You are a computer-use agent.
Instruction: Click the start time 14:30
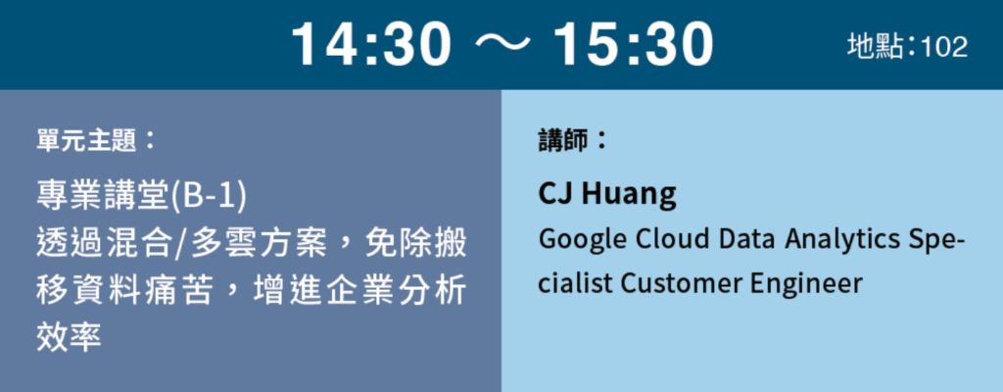[371, 44]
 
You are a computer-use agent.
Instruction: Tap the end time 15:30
[633, 44]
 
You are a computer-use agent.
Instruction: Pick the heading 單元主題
[86, 140]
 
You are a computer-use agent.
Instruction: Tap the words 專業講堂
[102, 197]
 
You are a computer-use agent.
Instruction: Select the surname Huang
[628, 195]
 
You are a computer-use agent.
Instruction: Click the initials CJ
[555, 193]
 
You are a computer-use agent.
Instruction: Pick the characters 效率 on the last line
[70, 336]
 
